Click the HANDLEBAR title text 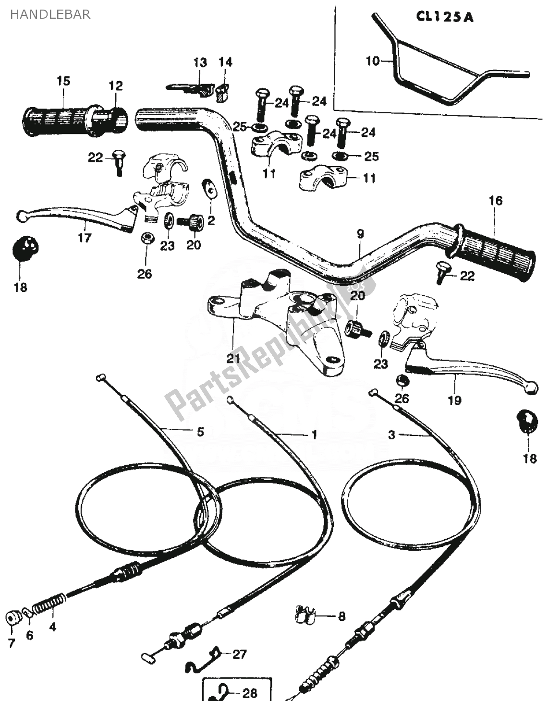[x=50, y=14]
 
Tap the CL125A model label [x=444, y=17]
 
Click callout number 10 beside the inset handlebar [x=373, y=61]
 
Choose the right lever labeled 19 [x=471, y=375]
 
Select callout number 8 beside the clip [x=341, y=616]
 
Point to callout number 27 [x=239, y=654]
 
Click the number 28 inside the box [x=250, y=693]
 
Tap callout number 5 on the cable [x=200, y=432]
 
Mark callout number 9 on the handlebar [x=360, y=234]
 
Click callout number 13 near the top [x=200, y=62]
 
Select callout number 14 [x=225, y=62]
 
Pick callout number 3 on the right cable [x=392, y=435]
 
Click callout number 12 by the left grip [x=116, y=86]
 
